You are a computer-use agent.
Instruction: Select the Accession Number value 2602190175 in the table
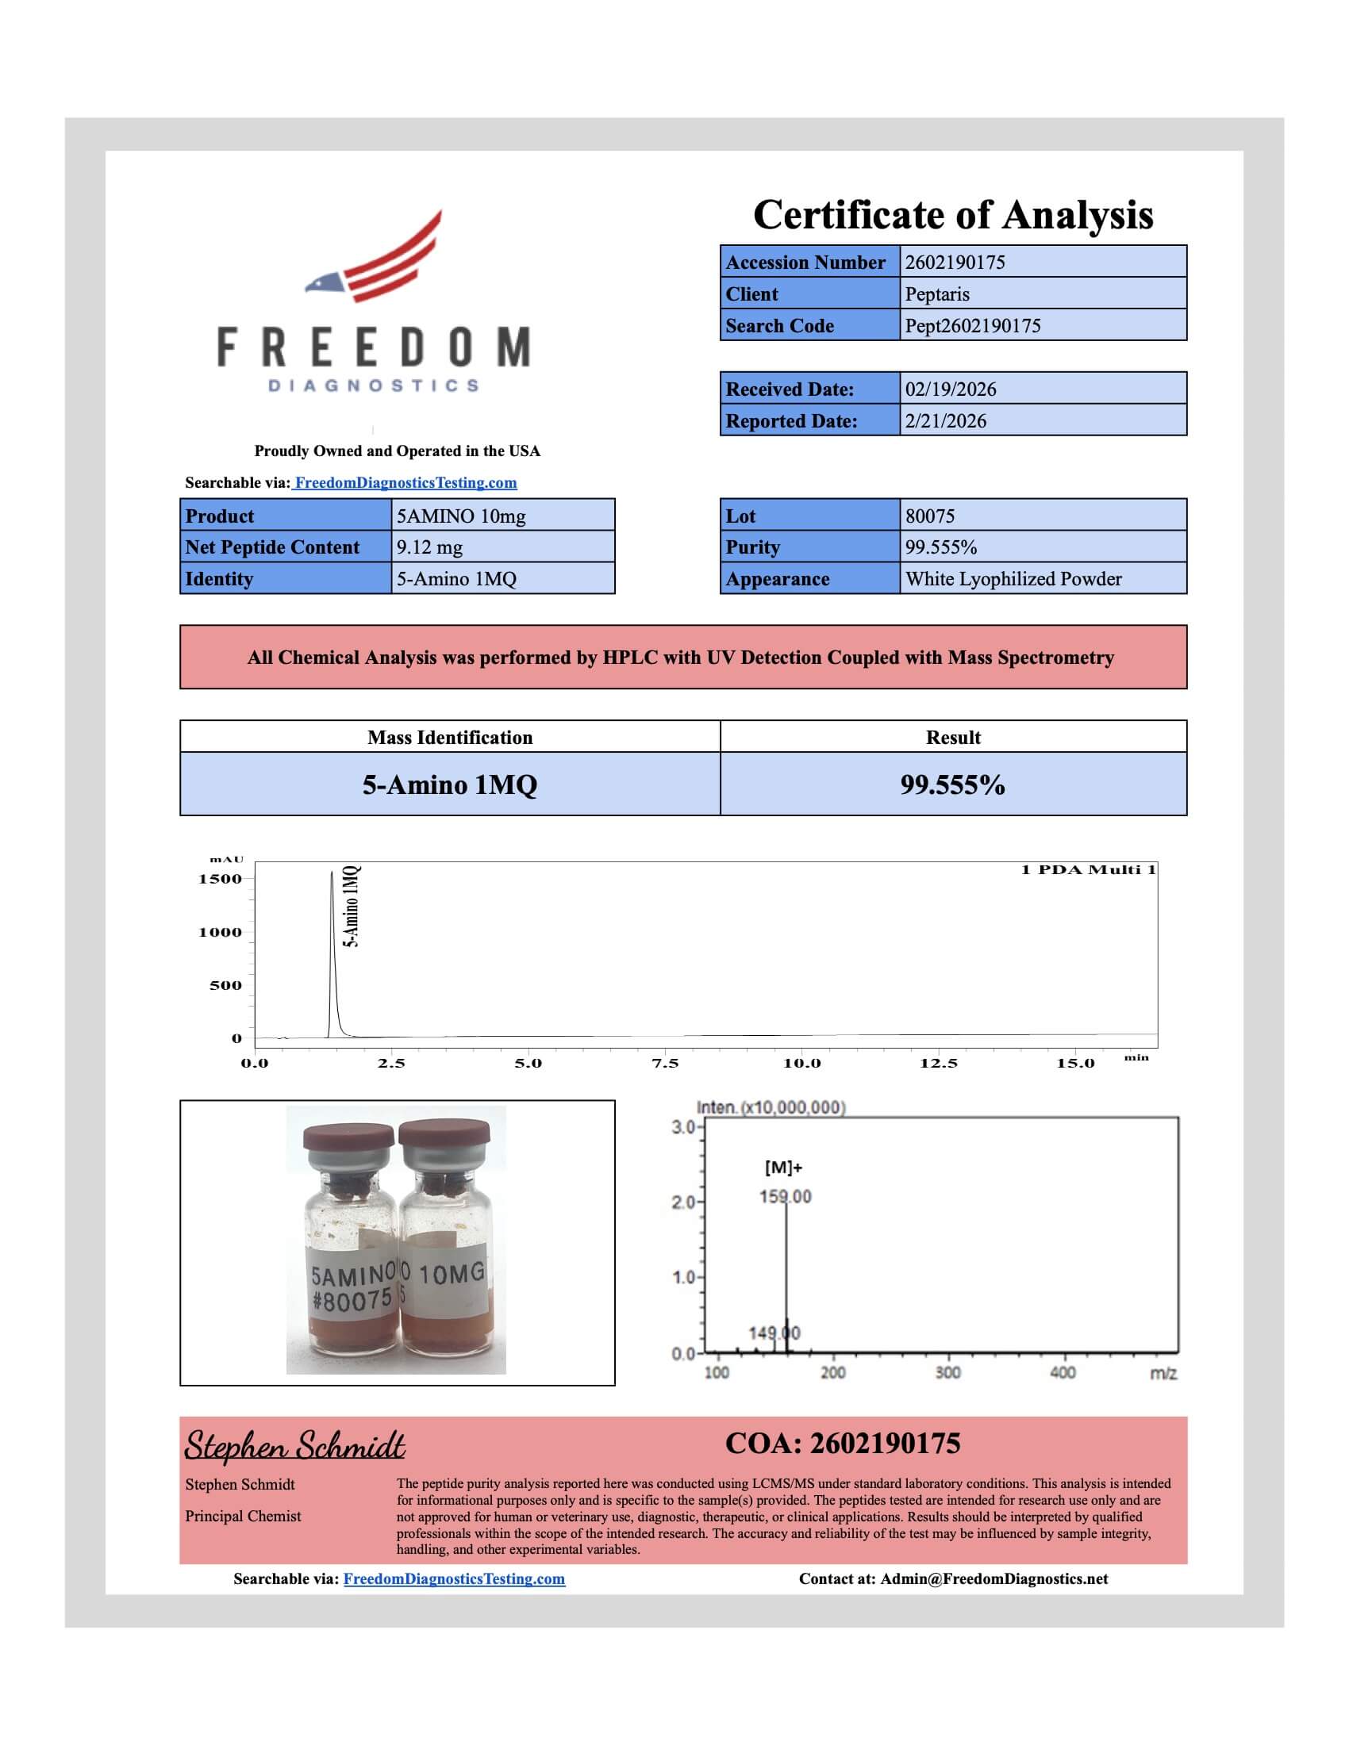[954, 262]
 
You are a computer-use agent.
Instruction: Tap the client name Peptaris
[936, 294]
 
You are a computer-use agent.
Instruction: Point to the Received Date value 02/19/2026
[950, 389]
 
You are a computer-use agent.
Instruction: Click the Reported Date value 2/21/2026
[945, 421]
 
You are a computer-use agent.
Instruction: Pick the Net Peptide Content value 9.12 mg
[429, 547]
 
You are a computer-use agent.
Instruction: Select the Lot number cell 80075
[929, 516]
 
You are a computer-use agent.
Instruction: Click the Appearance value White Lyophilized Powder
[1013, 579]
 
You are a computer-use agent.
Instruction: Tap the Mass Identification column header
[449, 738]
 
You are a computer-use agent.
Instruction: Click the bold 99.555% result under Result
[951, 784]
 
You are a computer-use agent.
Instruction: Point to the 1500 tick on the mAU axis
[220, 879]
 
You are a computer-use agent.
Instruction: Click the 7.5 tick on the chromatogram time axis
[665, 1064]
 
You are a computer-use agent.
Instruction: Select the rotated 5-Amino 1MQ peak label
[352, 906]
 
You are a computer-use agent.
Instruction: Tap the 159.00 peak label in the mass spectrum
[785, 1197]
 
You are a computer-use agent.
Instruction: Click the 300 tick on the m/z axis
[947, 1373]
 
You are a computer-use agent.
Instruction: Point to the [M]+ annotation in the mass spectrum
[783, 1168]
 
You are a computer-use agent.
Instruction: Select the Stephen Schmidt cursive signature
[294, 1446]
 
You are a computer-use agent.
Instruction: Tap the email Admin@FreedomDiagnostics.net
[993, 1578]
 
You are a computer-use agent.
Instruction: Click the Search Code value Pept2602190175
[972, 326]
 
